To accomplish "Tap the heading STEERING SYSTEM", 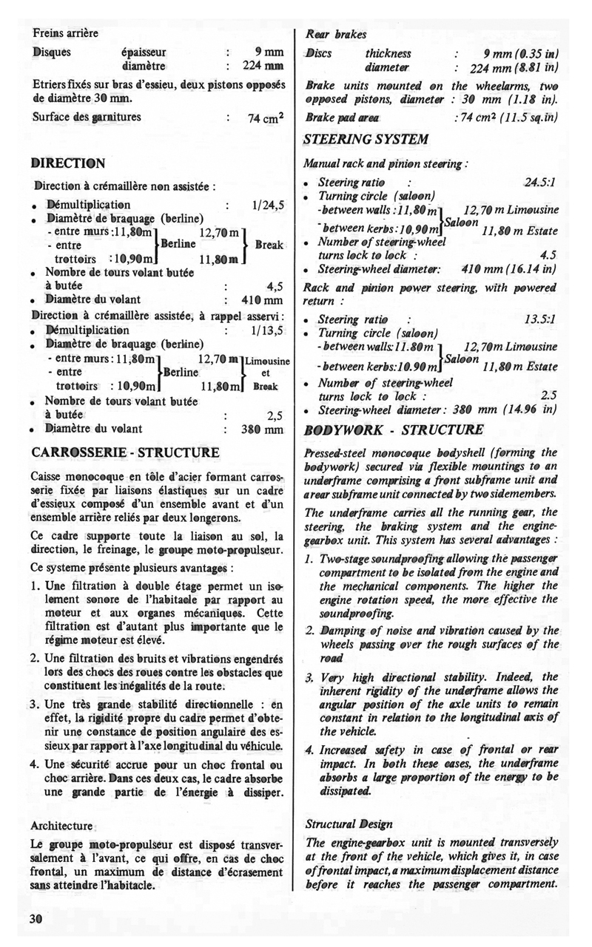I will pos(366,139).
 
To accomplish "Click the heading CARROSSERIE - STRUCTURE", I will pos(125,452).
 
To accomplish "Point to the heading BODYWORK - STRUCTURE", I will pos(394,430).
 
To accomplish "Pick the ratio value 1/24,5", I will pos(268,205).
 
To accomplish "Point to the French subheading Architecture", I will pos(63,825).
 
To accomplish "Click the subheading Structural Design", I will pos(349,824).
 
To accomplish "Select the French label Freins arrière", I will pos(65,33).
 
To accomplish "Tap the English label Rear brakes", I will pos(337,34).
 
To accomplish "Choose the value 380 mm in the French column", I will pos(263,428).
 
